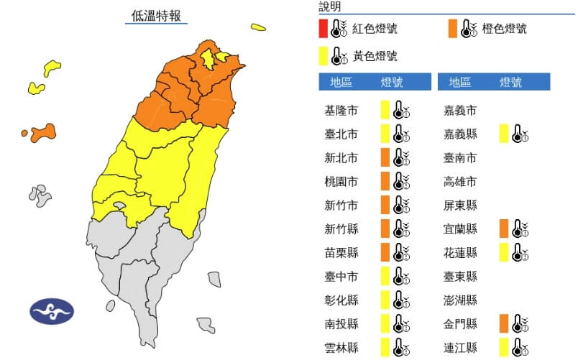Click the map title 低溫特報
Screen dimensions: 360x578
click(x=156, y=15)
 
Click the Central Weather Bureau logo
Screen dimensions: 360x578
click(x=51, y=311)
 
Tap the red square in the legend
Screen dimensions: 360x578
click(x=324, y=29)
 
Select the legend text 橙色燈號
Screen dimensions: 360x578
click(x=505, y=29)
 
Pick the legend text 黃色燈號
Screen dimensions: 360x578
click(x=375, y=55)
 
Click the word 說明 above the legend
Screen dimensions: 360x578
click(x=330, y=7)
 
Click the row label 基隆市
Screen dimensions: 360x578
click(x=341, y=111)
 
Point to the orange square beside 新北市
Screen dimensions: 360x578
click(x=385, y=157)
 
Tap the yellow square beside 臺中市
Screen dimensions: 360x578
click(x=385, y=275)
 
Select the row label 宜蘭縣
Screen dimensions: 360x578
click(x=462, y=229)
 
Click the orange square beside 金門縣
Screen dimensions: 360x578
click(x=504, y=323)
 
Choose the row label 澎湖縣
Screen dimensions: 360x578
click(x=462, y=299)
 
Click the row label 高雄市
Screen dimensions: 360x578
click(x=462, y=181)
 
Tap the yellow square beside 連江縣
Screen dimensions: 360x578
click(x=504, y=346)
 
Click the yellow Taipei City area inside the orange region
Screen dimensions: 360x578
click(x=208, y=57)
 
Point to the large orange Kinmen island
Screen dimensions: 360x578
click(x=43, y=131)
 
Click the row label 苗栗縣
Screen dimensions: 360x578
click(x=341, y=252)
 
